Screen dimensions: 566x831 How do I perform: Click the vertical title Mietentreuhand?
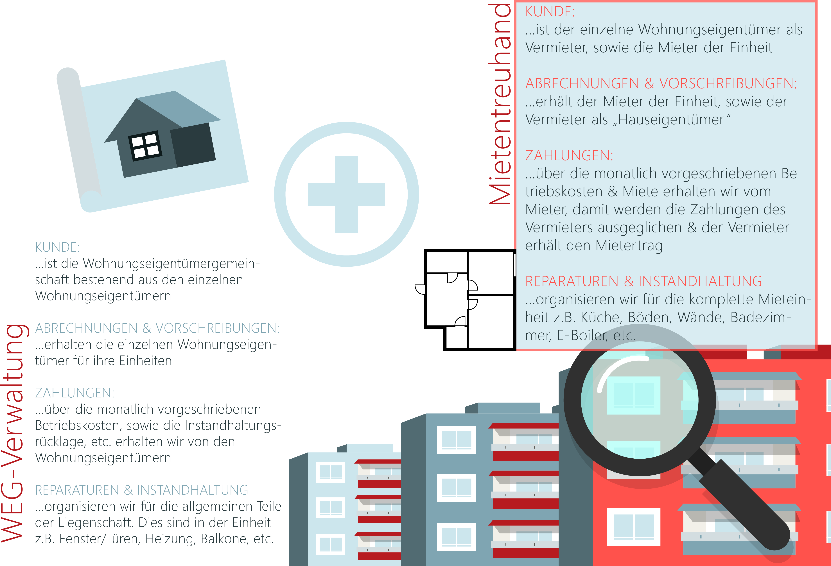pyautogui.click(x=500, y=104)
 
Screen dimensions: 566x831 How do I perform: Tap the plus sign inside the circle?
pyautogui.click(x=346, y=194)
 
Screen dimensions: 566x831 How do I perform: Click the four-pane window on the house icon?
pyautogui.click(x=145, y=146)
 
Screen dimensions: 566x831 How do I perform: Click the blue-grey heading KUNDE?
pyautogui.click(x=57, y=247)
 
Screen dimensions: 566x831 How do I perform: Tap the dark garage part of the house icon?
pyautogui.click(x=193, y=145)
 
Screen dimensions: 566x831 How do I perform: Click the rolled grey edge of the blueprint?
pyautogui.click(x=79, y=136)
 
